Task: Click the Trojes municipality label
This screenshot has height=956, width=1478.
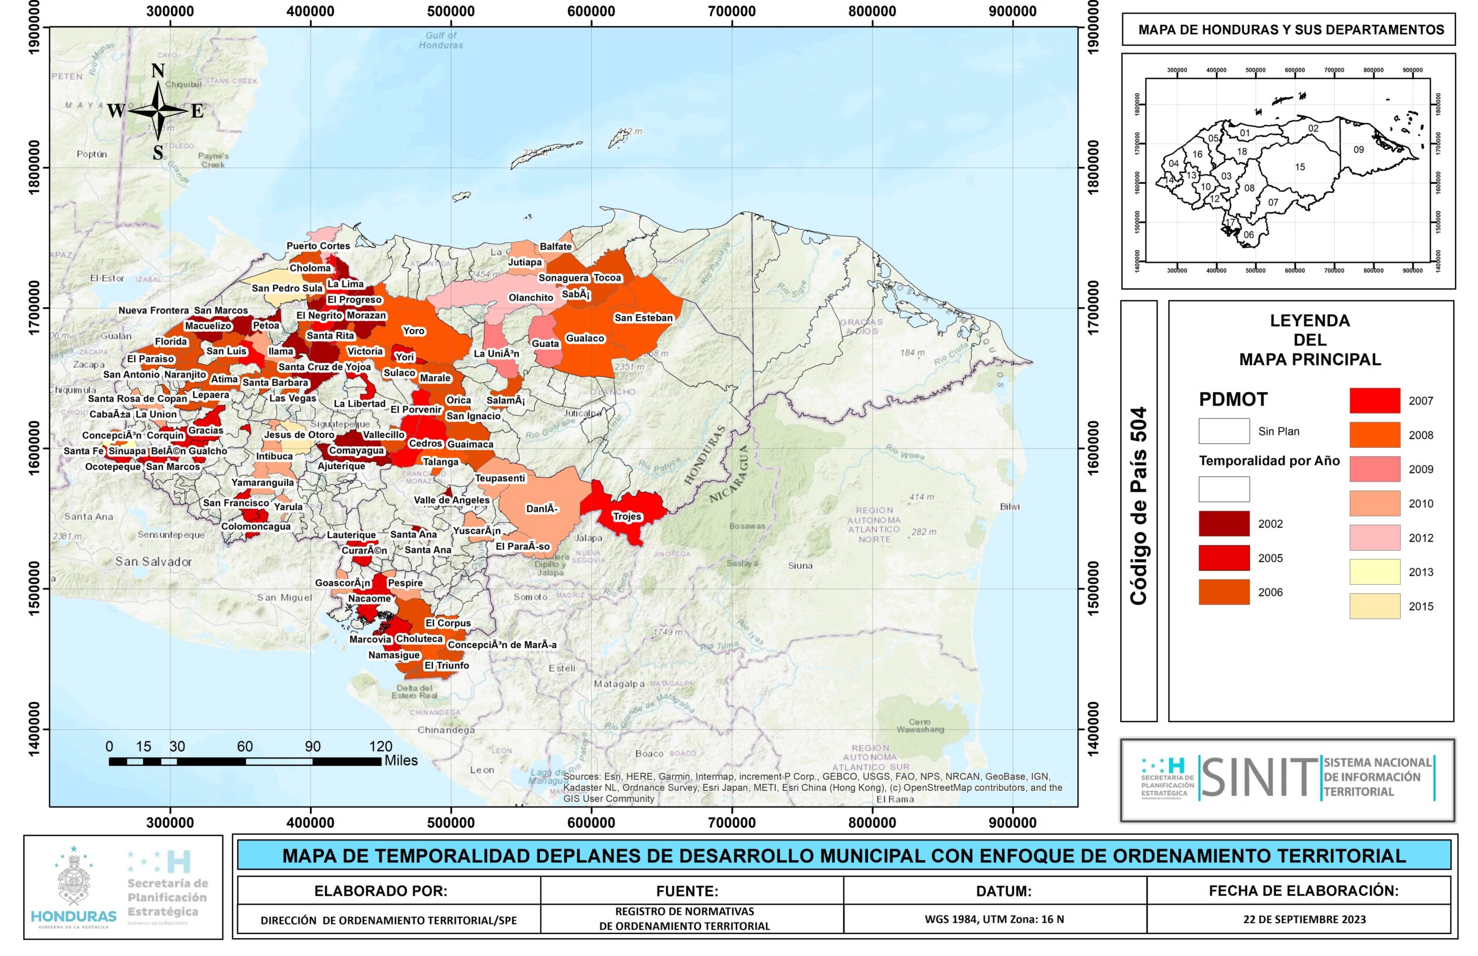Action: pyautogui.click(x=627, y=517)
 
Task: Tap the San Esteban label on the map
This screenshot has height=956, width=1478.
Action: pyautogui.click(x=643, y=318)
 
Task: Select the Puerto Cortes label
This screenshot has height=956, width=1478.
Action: pyautogui.click(x=318, y=246)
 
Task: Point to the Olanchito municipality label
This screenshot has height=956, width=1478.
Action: pyautogui.click(x=531, y=298)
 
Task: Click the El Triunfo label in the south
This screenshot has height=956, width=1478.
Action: pyautogui.click(x=446, y=666)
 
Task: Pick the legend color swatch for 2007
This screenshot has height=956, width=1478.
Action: pyautogui.click(x=1374, y=401)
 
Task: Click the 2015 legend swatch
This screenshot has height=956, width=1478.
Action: pyautogui.click(x=1374, y=607)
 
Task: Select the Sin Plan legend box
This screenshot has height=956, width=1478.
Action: pyautogui.click(x=1223, y=431)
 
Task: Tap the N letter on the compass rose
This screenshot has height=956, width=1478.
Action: pyautogui.click(x=158, y=72)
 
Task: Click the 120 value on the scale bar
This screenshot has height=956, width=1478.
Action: pyautogui.click(x=380, y=747)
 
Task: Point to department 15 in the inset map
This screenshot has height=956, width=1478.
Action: pyautogui.click(x=1300, y=167)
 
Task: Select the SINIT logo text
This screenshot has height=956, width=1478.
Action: pyautogui.click(x=1258, y=777)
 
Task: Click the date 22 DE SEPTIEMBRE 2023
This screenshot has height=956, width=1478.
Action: pyautogui.click(x=1304, y=920)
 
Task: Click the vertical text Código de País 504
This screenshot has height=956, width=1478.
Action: pyautogui.click(x=1138, y=506)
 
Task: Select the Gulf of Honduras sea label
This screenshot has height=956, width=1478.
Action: pyautogui.click(x=441, y=40)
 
